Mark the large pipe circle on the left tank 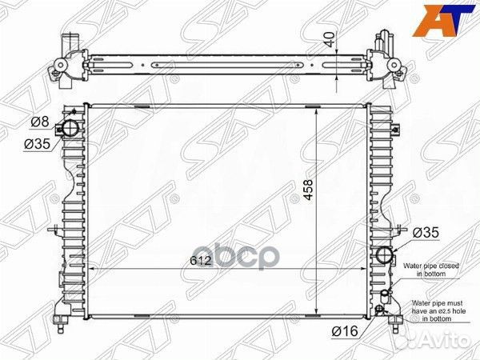pos(72,129)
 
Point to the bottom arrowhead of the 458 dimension pos(319,314)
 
